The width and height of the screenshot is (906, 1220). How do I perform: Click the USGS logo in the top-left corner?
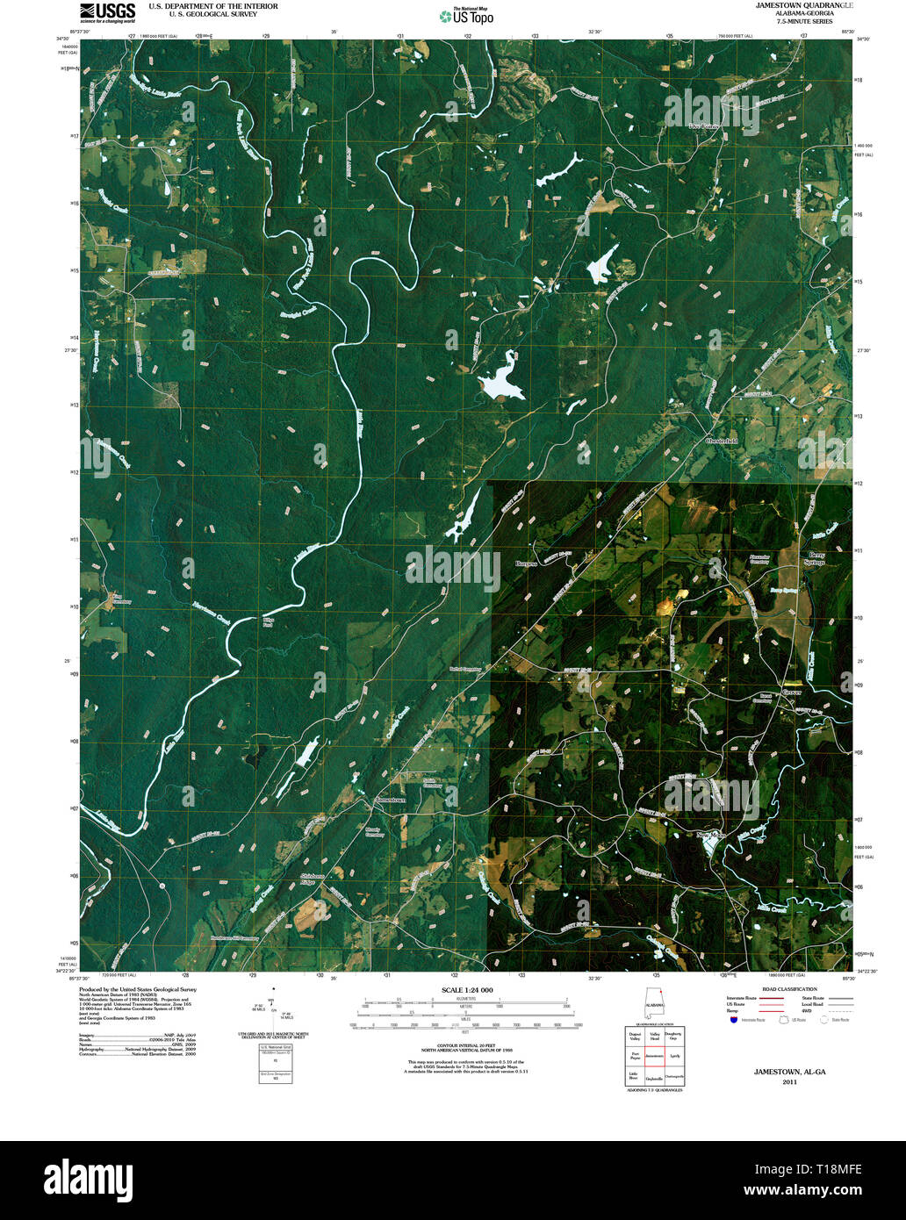click(108, 11)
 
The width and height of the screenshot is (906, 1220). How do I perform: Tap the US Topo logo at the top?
click(467, 16)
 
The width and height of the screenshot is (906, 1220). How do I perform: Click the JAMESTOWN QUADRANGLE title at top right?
click(804, 5)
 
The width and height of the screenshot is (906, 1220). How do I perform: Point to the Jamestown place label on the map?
click(391, 800)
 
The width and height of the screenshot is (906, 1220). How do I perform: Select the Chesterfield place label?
click(722, 441)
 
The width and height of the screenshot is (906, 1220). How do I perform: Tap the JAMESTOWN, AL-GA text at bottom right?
click(789, 1072)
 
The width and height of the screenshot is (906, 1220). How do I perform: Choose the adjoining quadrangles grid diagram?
click(654, 1057)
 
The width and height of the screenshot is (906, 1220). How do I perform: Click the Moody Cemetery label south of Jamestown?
click(375, 831)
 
